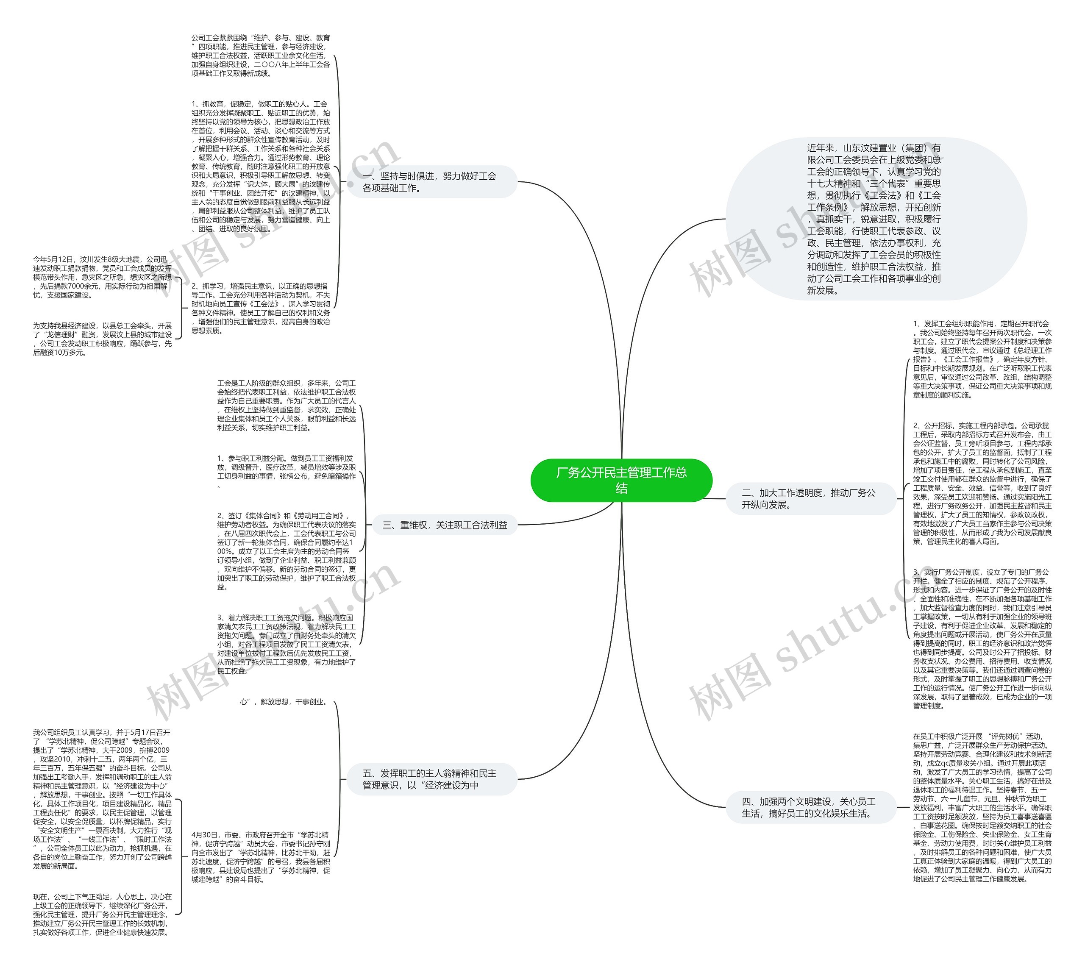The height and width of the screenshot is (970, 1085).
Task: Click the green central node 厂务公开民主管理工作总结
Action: point(621,480)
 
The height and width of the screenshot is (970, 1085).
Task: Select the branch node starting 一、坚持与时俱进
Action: point(429,182)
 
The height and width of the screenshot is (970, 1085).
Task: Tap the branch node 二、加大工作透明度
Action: point(809,498)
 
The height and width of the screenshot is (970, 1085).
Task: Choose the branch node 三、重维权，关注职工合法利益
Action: point(445,525)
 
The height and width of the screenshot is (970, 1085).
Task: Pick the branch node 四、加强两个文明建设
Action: point(809,807)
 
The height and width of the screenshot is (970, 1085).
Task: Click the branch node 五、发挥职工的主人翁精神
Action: point(429,779)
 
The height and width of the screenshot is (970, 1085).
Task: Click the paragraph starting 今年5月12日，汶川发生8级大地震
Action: point(102,277)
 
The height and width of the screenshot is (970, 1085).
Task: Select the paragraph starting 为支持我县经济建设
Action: point(102,339)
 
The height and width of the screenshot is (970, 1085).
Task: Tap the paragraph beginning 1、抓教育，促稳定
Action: point(261,166)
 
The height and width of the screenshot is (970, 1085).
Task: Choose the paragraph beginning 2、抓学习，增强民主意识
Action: point(261,308)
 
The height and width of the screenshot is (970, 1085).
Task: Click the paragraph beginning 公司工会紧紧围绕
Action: point(261,56)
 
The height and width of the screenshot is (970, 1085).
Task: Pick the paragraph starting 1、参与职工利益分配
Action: point(286,471)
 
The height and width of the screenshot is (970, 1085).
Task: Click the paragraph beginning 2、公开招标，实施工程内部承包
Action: point(982,484)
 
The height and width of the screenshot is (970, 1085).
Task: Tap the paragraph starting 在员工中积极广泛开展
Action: point(982,807)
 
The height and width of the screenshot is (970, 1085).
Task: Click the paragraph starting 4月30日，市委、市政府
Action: point(261,857)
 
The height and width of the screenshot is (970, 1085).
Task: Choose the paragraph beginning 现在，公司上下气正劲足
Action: point(102,914)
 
